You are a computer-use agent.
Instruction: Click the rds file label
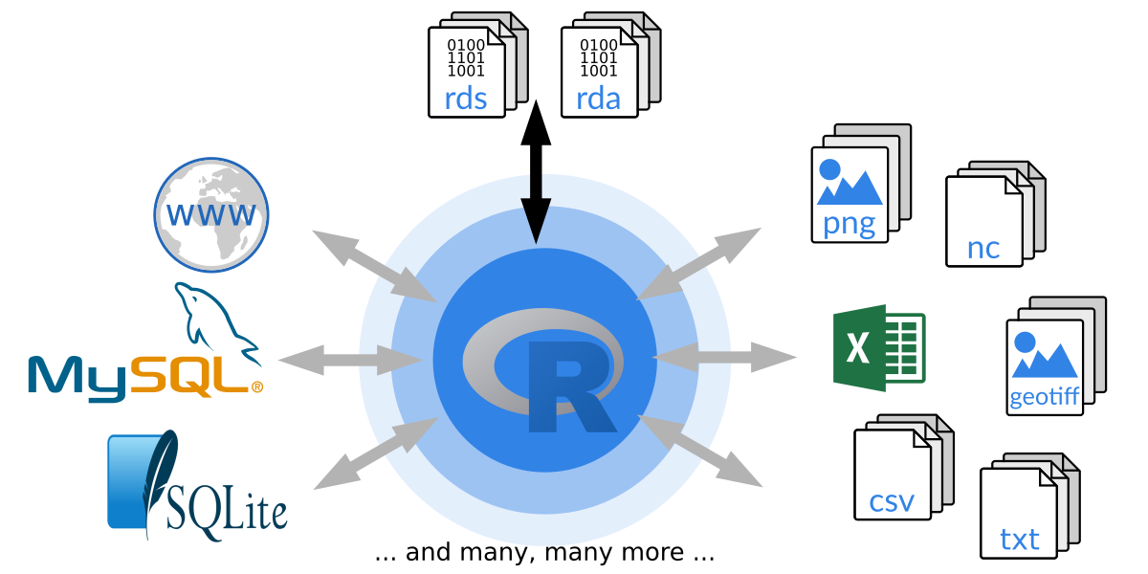point(466,98)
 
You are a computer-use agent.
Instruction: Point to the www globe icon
point(211,213)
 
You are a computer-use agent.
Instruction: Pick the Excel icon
point(878,347)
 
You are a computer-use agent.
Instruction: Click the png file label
point(849,224)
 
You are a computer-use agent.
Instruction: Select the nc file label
point(982,248)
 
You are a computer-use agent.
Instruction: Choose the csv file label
point(892,500)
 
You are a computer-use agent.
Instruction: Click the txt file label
point(1019,539)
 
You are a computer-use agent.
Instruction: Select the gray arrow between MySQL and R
point(350,360)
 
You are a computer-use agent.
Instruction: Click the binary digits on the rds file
point(466,57)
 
